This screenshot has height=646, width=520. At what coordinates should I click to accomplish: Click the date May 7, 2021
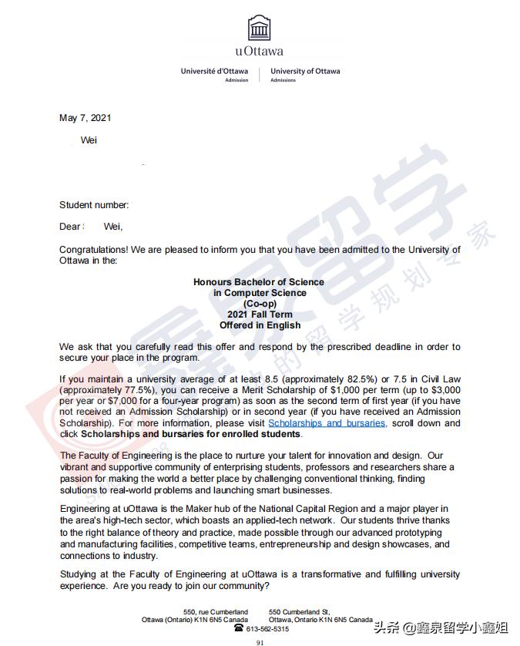pyautogui.click(x=86, y=118)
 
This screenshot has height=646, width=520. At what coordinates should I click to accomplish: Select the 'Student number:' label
pyautogui.click(x=94, y=205)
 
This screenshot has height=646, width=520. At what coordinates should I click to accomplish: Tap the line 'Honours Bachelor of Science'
pyautogui.click(x=259, y=282)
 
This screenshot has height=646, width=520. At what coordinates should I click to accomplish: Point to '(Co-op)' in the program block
pyautogui.click(x=259, y=304)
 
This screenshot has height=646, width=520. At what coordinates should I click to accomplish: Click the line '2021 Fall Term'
pyautogui.click(x=259, y=315)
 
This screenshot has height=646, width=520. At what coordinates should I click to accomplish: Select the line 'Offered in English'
pyautogui.click(x=259, y=325)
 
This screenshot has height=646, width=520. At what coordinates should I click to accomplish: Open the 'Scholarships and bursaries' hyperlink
pyautogui.click(x=327, y=423)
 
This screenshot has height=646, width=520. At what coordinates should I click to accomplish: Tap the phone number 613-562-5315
pyautogui.click(x=267, y=629)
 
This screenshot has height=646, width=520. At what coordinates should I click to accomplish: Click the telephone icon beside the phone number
pyautogui.click(x=239, y=628)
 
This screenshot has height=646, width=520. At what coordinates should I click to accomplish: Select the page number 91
pyautogui.click(x=260, y=641)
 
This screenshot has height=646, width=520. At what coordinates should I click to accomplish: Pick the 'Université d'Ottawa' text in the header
pyautogui.click(x=214, y=71)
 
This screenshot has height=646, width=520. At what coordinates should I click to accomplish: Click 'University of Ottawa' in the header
pyautogui.click(x=305, y=71)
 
